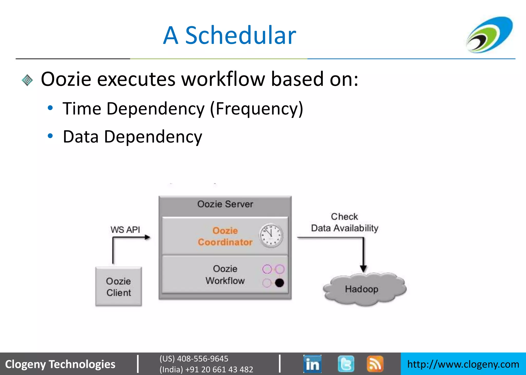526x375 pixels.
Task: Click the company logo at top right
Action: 490,35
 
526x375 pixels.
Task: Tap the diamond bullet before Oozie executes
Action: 27,80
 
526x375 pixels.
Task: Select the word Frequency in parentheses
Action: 256,109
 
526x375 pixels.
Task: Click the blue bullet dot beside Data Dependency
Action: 50,136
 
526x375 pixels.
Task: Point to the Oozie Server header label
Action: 225,204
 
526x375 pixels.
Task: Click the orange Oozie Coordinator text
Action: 225,236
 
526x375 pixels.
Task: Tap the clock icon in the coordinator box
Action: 271,235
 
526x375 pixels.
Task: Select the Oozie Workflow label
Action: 225,275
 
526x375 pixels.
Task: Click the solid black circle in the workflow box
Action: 279,283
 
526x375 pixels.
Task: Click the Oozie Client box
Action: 118,287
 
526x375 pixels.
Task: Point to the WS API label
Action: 125,230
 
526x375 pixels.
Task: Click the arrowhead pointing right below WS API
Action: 147,237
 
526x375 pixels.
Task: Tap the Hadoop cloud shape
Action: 362,289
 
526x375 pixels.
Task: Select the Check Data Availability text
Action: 344,222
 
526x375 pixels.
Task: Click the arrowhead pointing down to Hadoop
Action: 363,269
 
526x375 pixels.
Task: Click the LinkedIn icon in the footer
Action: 312,364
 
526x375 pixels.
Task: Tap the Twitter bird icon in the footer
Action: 346,364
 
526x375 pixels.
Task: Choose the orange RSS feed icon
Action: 375,364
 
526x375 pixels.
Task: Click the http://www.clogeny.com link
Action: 463,364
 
